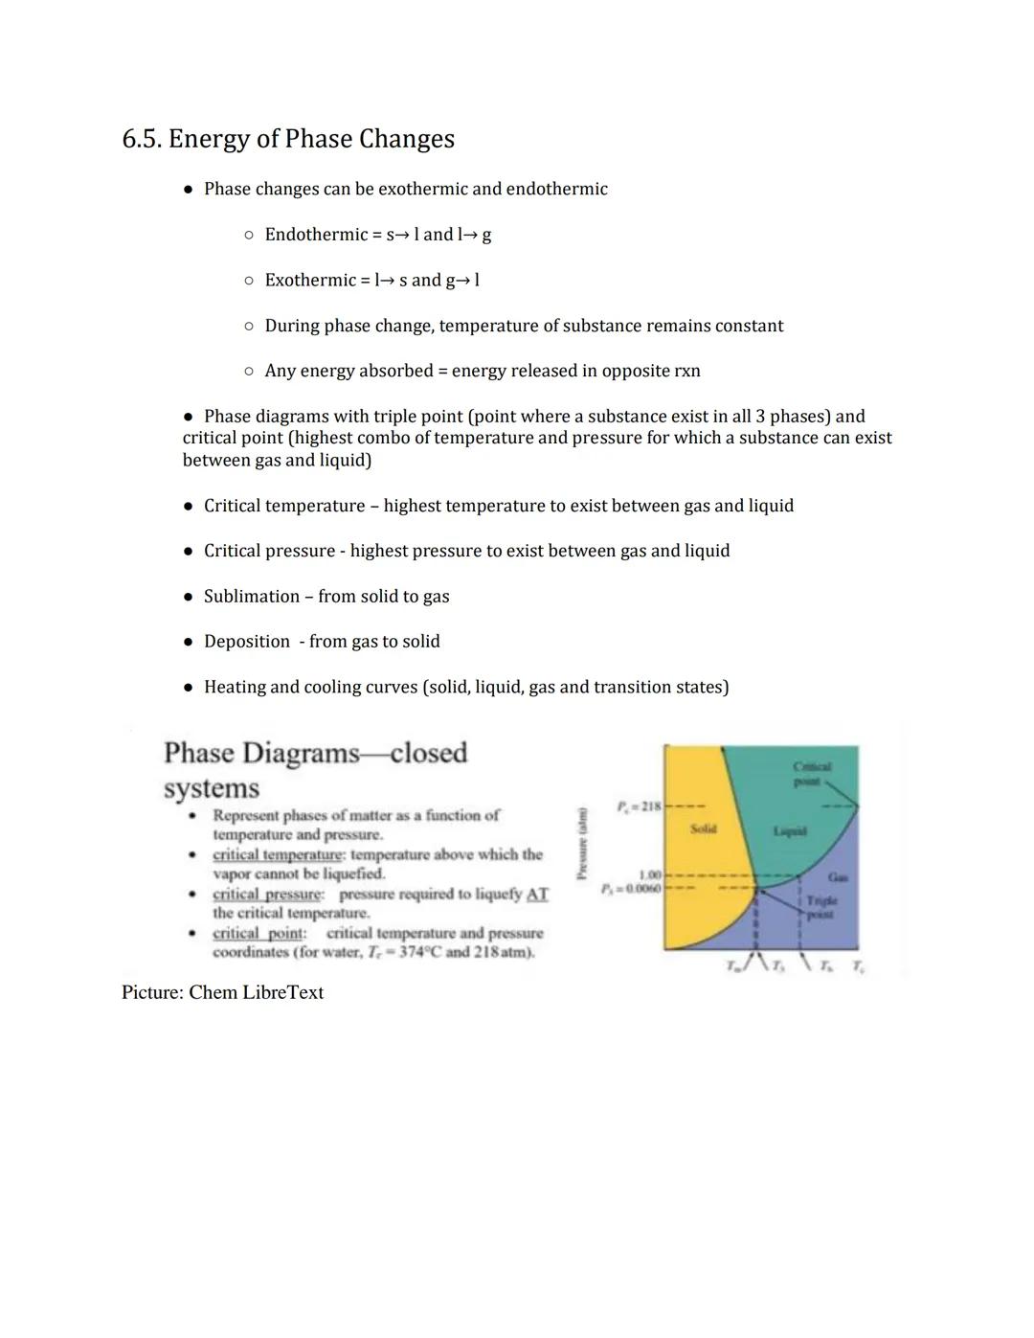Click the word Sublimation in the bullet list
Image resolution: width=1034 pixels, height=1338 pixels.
[x=251, y=597]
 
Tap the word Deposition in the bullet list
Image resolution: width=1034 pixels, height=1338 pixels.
[x=246, y=642]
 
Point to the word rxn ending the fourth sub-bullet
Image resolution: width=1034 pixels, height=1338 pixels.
[x=686, y=371]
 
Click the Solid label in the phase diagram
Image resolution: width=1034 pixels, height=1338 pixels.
[x=703, y=828]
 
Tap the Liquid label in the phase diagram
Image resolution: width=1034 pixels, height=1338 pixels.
[x=790, y=831]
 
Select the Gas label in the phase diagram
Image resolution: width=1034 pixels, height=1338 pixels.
[x=838, y=876]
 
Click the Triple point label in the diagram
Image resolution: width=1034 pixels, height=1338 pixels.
[x=820, y=907]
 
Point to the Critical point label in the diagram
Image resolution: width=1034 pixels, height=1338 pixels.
[x=812, y=774]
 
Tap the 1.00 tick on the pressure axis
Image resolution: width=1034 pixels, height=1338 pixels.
[x=649, y=874]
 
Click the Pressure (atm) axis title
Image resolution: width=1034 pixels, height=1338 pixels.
[x=580, y=843]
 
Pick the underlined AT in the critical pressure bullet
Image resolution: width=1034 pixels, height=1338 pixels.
[x=537, y=894]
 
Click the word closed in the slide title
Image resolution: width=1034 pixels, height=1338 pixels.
[x=428, y=753]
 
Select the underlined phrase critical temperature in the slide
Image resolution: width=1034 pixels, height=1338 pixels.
[x=278, y=854]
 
